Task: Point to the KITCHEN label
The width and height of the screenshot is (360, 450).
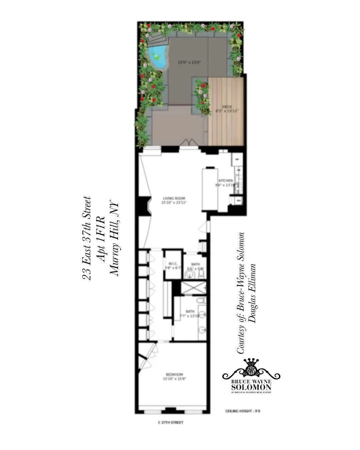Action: [x=226, y=181]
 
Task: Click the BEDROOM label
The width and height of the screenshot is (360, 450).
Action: [x=173, y=374]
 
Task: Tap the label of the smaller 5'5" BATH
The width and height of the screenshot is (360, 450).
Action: [x=195, y=264]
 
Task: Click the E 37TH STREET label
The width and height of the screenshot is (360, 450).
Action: [x=170, y=423]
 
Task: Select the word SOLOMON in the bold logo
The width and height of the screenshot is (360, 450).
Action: [x=251, y=387]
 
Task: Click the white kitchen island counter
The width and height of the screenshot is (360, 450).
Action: [x=210, y=189]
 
